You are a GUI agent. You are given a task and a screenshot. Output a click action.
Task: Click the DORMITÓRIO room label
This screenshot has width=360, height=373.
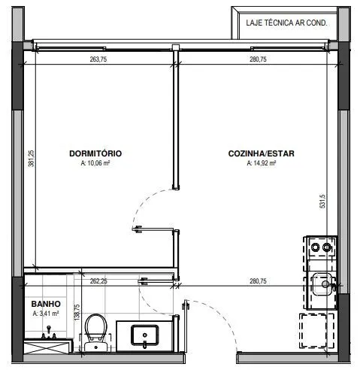coord(95,153)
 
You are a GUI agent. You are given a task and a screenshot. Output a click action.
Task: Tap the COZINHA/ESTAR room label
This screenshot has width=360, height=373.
coord(262,153)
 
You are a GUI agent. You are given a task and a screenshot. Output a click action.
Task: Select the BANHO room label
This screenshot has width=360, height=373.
coord(46,304)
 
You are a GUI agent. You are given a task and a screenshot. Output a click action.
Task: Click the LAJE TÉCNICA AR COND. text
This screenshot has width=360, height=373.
coord(286,23)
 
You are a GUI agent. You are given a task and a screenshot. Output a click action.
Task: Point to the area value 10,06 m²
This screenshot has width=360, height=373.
coord(95,163)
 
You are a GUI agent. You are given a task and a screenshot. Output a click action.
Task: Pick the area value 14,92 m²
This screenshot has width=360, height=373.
coord(262,163)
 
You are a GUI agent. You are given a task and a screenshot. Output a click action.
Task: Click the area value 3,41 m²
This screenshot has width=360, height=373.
coord(46,314)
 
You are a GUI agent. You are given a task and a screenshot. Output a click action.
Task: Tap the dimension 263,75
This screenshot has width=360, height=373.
coord(98,59)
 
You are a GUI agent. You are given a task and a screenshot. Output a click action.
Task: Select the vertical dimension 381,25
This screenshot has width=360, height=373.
coord(32,159)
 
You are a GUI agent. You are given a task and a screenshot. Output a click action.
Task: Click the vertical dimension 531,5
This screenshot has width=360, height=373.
coord(322,202)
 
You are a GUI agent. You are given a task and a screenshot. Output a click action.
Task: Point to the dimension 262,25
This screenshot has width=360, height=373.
coord(98,281)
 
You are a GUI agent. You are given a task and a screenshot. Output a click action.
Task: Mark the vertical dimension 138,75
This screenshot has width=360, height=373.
coord(77,312)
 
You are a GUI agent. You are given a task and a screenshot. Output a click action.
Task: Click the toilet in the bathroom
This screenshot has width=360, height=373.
coord(95,332)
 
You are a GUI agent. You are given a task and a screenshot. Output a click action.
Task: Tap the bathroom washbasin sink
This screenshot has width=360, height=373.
coord(145,335)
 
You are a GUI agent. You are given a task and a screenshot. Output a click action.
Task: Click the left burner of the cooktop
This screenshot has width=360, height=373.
coord(315,247)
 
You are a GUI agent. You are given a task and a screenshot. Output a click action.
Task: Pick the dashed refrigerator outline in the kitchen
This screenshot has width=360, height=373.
coord(316,331)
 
